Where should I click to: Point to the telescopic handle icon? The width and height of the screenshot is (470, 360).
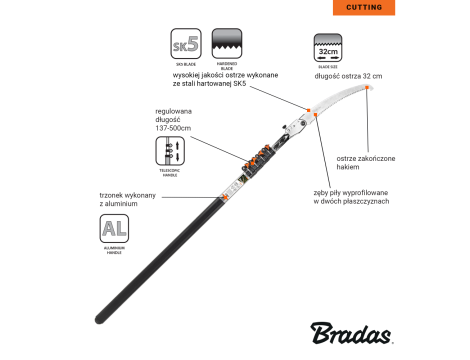point(169,151)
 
